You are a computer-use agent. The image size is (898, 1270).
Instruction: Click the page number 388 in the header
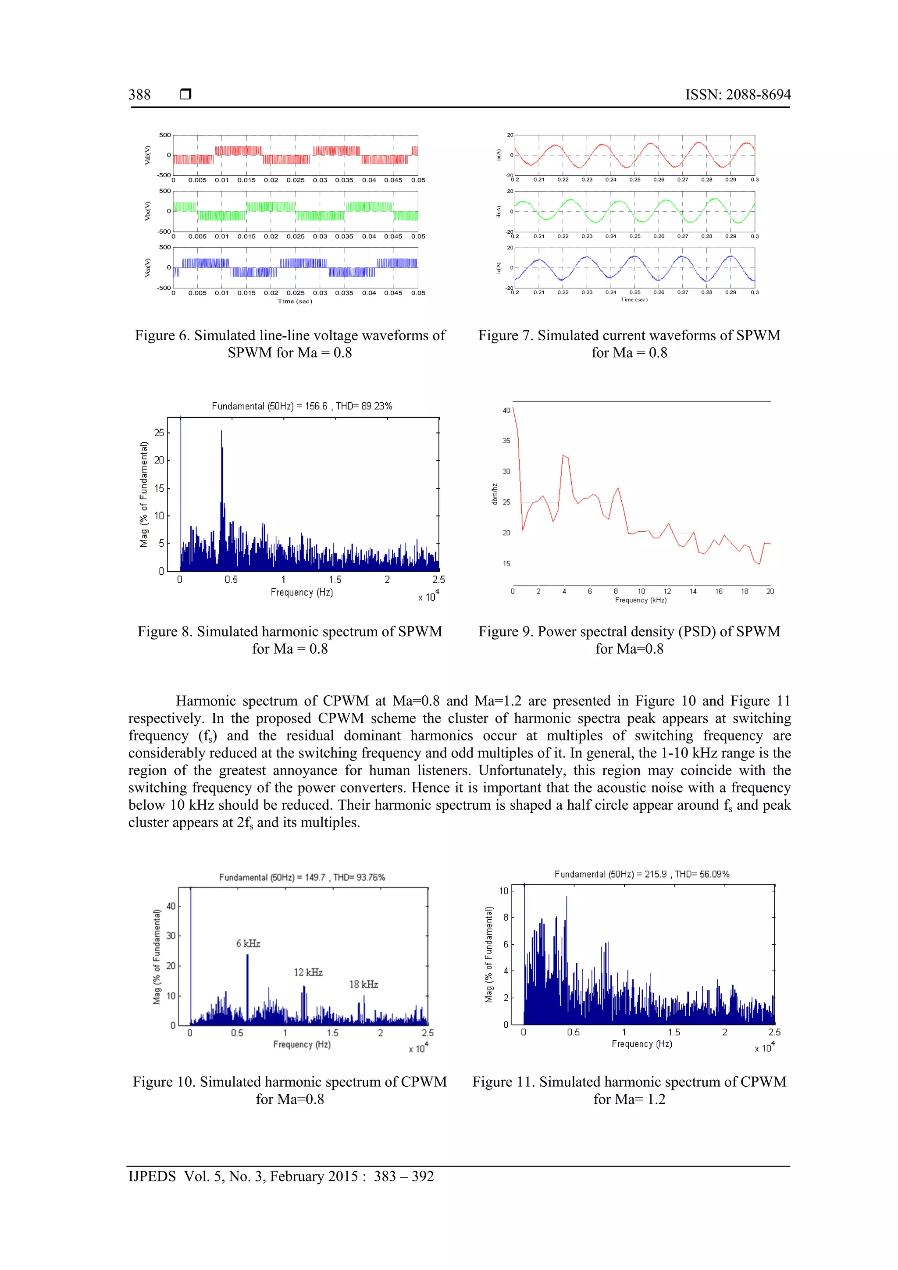[x=139, y=95]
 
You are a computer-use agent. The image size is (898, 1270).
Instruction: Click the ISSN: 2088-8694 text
[x=738, y=95]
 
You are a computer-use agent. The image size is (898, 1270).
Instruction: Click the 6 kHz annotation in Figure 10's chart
[x=248, y=943]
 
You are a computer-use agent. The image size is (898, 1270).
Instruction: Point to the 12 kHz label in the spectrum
[x=308, y=972]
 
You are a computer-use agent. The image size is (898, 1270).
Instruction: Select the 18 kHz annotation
[x=363, y=984]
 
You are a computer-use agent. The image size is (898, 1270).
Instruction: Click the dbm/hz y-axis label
[x=495, y=494]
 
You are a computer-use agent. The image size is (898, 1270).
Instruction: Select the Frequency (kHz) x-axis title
[x=640, y=600]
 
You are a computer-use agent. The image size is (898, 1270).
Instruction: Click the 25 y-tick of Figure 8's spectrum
[x=159, y=433]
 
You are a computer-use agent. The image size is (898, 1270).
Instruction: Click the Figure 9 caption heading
[x=629, y=632]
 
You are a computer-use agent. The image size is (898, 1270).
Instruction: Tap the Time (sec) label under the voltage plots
[x=295, y=302]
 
